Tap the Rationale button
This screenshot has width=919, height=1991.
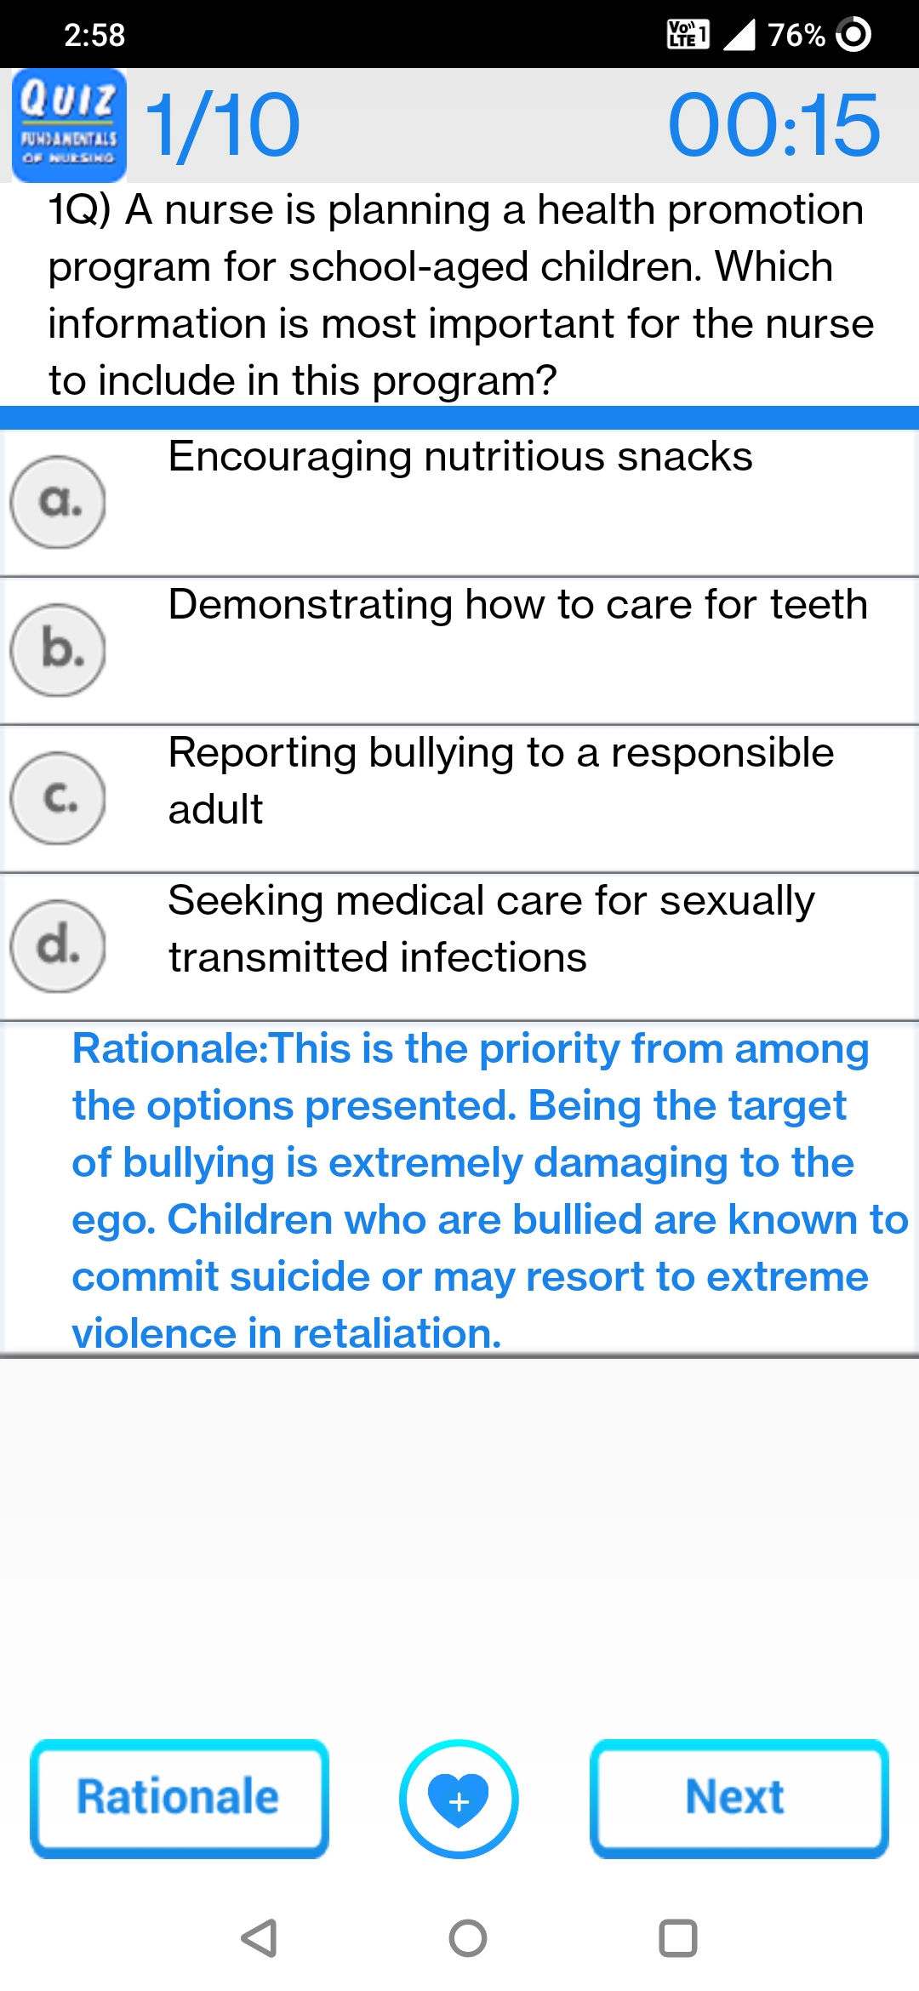point(180,1799)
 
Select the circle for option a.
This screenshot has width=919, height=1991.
point(58,502)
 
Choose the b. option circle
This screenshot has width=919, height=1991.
point(58,650)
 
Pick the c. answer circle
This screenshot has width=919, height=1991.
point(58,798)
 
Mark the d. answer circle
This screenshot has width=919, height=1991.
point(58,946)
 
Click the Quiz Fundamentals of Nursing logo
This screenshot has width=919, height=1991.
point(69,125)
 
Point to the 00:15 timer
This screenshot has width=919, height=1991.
point(773,126)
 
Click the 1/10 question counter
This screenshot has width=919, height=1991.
point(223,126)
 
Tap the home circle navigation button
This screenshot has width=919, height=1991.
point(468,1938)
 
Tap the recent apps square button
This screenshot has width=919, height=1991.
point(678,1938)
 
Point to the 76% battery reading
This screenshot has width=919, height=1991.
point(796,35)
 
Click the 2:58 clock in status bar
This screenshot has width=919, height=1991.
point(94,35)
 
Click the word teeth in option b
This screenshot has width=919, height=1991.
point(819,605)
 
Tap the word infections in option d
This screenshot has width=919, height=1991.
point(494,958)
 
